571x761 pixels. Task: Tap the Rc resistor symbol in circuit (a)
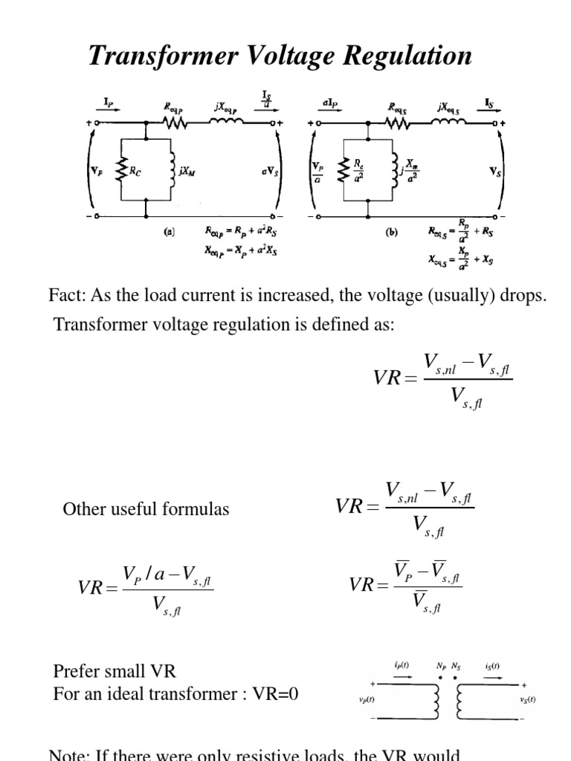[122, 169]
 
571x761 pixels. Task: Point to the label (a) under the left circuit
[169, 231]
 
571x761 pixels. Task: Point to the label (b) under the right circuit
[391, 232]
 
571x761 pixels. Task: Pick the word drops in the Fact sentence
[525, 296]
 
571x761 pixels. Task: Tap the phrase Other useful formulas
[146, 509]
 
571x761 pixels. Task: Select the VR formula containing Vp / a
[146, 586]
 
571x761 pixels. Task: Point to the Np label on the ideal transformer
[442, 666]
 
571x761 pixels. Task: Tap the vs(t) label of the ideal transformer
[526, 699]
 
